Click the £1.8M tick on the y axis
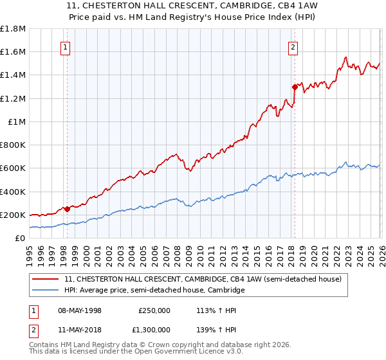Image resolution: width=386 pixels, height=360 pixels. tap(13, 29)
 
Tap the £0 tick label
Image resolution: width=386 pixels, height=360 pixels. tap(21, 238)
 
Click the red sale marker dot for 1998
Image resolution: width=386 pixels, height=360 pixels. tap(68, 209)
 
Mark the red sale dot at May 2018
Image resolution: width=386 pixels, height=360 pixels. tap(295, 87)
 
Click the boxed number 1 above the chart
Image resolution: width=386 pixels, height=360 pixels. tap(66, 46)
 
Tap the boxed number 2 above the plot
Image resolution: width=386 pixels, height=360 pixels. tap(293, 46)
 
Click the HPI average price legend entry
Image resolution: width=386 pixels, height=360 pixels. tap(154, 291)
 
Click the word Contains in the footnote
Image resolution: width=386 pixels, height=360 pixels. tap(44, 345)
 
